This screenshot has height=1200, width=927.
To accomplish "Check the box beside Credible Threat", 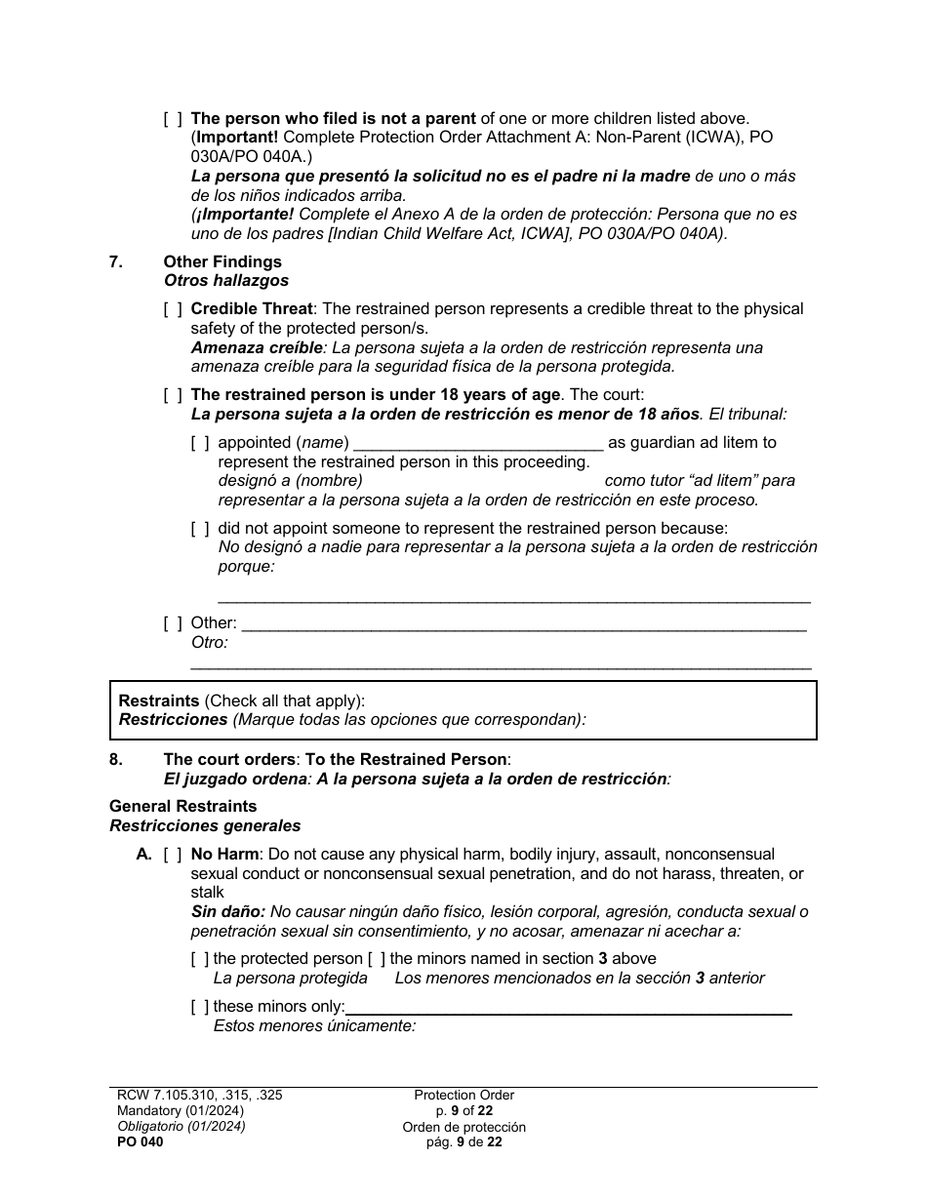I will click(173, 309).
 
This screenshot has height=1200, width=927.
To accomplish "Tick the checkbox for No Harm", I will click(173, 855).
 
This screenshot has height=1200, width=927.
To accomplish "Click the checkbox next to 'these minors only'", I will click(200, 1007).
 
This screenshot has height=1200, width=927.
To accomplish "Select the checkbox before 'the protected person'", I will click(200, 959).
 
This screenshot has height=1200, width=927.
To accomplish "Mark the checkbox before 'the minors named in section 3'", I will click(376, 959).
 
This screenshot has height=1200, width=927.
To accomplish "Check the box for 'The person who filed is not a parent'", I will click(173, 119).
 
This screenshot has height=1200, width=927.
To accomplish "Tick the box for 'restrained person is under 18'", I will click(173, 395).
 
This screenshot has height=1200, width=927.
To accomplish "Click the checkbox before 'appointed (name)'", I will click(200, 443).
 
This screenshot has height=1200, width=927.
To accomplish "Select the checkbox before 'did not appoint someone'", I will click(200, 529).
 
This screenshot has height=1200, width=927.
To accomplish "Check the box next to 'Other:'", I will click(173, 623).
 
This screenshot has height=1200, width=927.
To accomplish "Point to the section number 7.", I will click(115, 261).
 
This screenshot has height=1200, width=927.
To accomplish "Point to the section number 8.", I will click(115, 759).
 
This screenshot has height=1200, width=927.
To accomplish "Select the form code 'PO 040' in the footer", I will click(137, 1142).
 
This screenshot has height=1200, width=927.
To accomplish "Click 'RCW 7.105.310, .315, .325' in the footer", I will click(199, 1096).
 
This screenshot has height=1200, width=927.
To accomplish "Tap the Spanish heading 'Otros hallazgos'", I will click(225, 281).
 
